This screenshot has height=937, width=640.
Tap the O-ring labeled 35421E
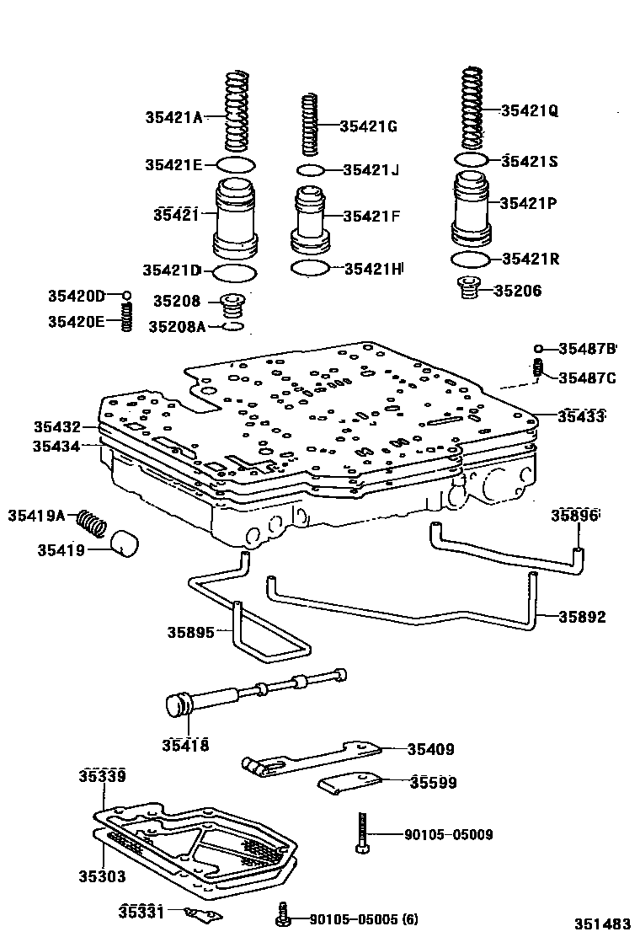[236, 163]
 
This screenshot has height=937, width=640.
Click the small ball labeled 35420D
[126, 296]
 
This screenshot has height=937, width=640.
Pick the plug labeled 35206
[467, 291]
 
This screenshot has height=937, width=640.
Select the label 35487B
[588, 348]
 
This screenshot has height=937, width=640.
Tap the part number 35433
[582, 416]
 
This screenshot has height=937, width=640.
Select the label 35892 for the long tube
[582, 617]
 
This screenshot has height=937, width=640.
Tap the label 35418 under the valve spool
[185, 745]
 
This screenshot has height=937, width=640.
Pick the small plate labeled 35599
[350, 783]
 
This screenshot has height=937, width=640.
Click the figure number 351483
[603, 923]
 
